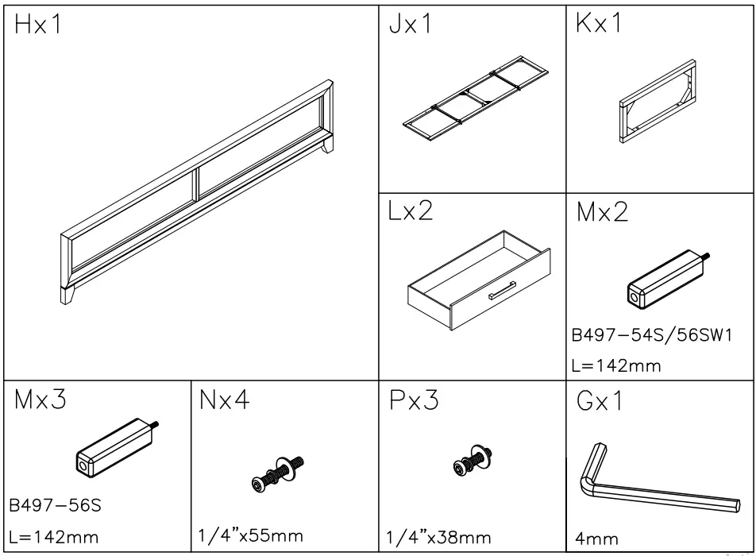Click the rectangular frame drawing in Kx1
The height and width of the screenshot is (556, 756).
tap(659, 102)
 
